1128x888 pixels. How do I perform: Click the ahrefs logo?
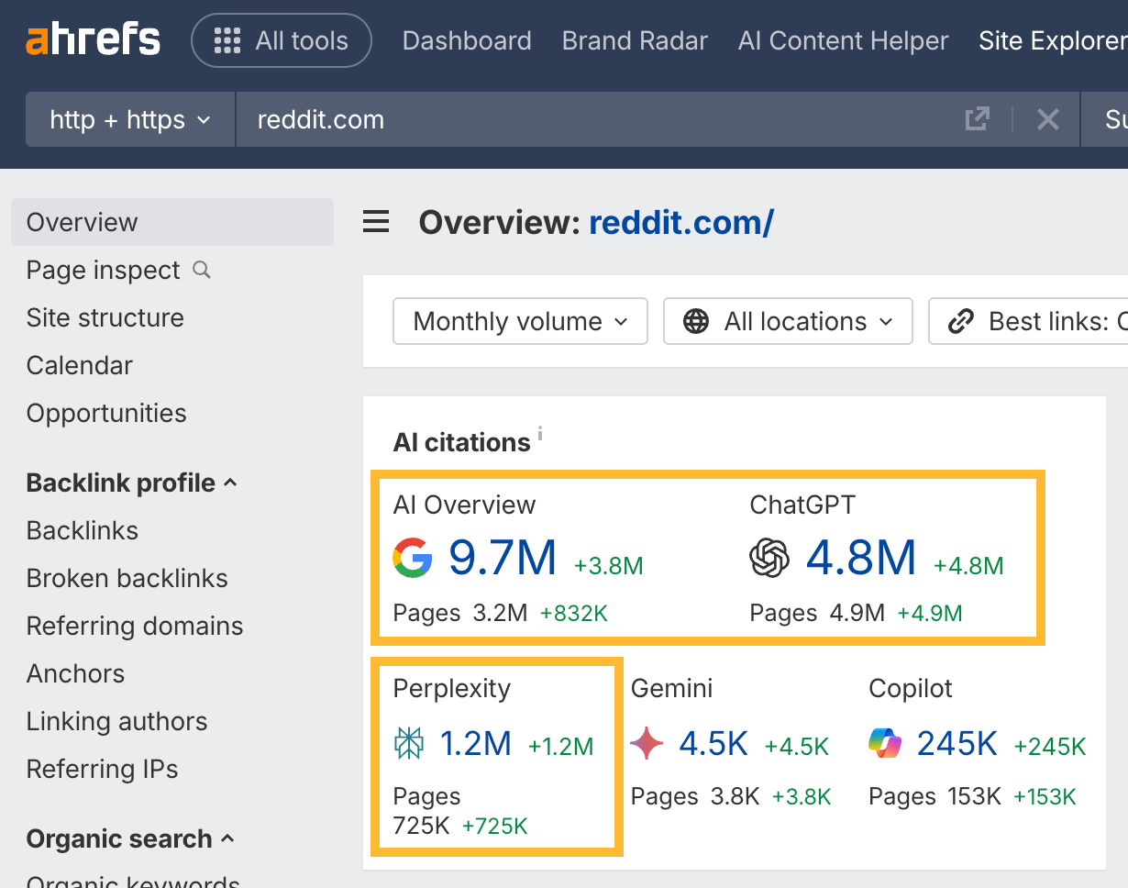(x=93, y=40)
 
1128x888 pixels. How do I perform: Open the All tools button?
(x=282, y=41)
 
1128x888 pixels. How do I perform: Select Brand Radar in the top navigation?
(x=635, y=41)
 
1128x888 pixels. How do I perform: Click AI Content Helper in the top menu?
(x=843, y=41)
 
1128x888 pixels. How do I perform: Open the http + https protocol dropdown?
(x=130, y=120)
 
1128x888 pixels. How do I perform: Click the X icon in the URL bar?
(x=1047, y=119)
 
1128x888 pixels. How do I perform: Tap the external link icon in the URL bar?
(x=978, y=119)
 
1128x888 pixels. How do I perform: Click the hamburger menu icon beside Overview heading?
(x=376, y=222)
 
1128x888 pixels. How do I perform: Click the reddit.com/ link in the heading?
(x=681, y=222)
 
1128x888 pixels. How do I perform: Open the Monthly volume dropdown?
(x=520, y=321)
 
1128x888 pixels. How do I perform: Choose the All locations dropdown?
(x=788, y=321)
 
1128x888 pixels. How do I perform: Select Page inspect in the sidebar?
(x=104, y=270)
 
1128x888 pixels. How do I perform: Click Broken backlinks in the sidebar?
(x=127, y=578)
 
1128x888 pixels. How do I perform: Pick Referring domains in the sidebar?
(x=135, y=626)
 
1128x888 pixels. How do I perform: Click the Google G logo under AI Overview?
(x=413, y=558)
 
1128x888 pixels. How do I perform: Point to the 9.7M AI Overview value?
(x=503, y=558)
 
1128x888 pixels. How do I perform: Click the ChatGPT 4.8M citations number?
(x=861, y=558)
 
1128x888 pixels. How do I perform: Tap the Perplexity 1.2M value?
(x=476, y=744)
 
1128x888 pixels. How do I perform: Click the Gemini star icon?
(x=647, y=744)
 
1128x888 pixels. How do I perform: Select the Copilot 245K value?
(x=957, y=744)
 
